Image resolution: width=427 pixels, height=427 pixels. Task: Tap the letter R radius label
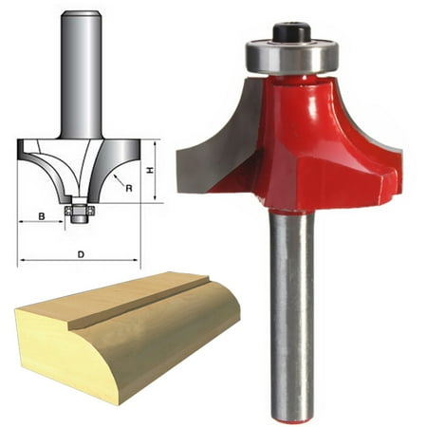(127, 188)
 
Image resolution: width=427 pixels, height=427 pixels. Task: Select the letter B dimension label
(42, 217)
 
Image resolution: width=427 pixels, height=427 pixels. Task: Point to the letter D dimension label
(81, 253)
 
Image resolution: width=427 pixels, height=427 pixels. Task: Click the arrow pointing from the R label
(116, 178)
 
